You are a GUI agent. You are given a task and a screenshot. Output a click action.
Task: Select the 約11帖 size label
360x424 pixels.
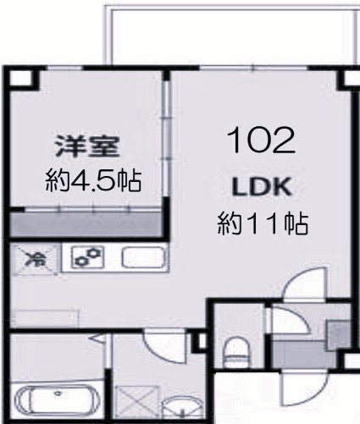262,224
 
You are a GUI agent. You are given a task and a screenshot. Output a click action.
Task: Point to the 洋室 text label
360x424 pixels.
84,146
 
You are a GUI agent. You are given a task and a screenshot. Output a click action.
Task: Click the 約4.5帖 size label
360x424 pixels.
92,179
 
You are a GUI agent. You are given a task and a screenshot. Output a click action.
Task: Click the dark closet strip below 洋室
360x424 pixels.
85,225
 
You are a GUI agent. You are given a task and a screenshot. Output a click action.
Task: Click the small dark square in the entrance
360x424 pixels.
340,331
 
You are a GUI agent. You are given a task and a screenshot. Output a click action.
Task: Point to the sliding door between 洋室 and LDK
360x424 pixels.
166,135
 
